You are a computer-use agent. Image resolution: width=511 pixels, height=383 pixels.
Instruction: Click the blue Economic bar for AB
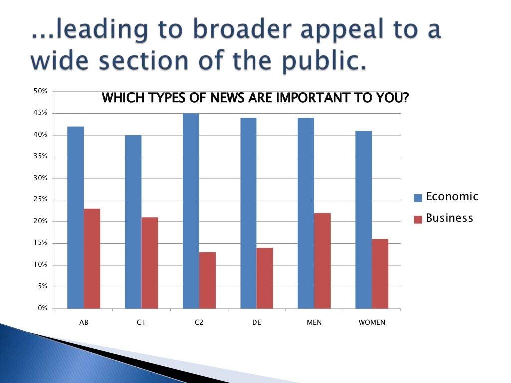(x=75, y=217)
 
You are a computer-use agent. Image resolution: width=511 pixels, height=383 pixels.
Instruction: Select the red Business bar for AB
(x=92, y=258)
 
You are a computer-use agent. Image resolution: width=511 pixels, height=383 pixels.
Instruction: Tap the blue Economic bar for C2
(x=191, y=211)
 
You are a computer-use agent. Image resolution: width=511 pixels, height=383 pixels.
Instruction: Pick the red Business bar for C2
(x=207, y=280)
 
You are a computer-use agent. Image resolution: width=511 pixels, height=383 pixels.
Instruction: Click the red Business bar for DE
(x=264, y=278)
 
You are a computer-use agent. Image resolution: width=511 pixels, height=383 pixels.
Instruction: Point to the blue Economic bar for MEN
(x=306, y=213)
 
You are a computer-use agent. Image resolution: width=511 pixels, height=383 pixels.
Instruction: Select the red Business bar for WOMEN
(x=380, y=274)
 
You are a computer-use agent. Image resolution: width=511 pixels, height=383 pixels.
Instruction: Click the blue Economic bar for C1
(x=133, y=221)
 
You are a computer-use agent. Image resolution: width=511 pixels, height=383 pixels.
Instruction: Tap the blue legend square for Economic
(x=419, y=198)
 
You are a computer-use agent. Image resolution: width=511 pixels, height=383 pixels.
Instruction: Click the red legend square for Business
(x=419, y=219)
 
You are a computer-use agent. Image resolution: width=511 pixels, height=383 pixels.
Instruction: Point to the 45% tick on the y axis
(x=40, y=113)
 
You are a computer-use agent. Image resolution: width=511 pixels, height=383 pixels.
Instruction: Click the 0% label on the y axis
(x=42, y=308)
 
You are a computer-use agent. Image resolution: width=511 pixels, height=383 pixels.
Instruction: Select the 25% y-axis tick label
(x=40, y=200)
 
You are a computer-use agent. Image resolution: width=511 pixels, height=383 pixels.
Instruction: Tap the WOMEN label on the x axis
(x=372, y=323)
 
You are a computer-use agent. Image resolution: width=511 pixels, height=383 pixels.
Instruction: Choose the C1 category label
(x=141, y=323)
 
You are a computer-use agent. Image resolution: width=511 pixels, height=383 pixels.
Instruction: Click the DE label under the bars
(x=256, y=323)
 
